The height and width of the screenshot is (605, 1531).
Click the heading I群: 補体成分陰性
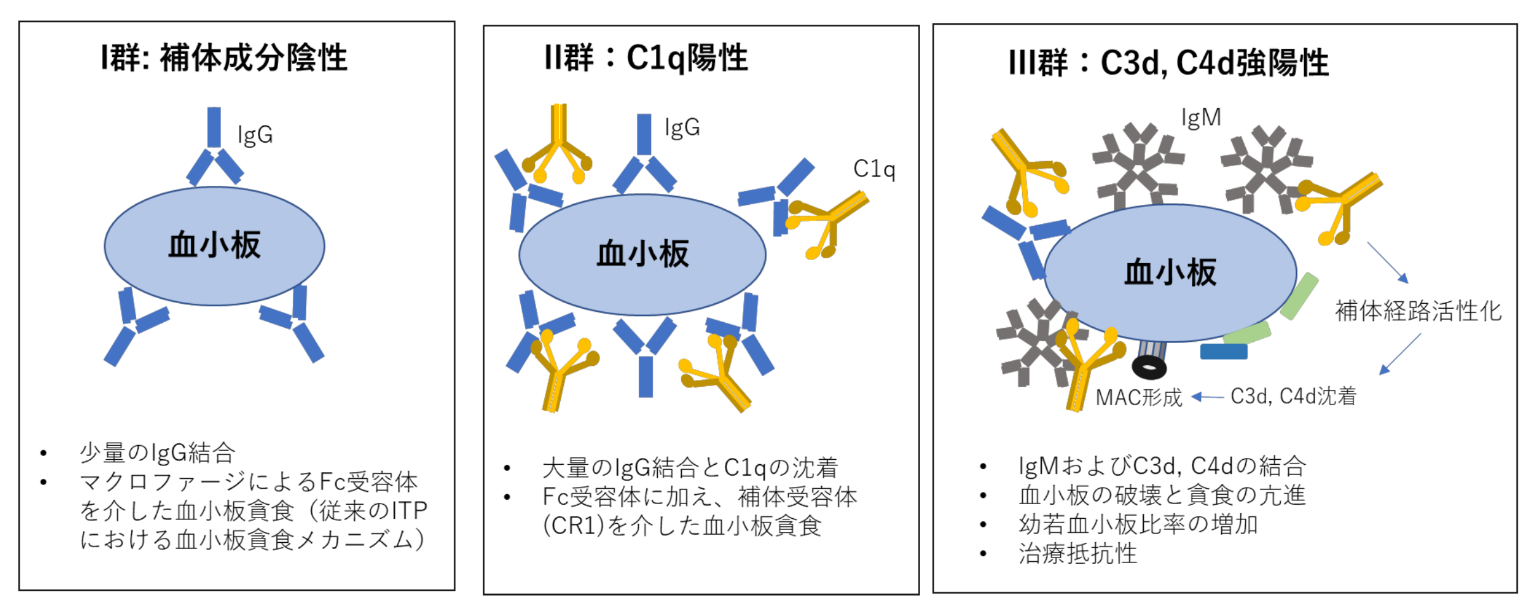coord(224,58)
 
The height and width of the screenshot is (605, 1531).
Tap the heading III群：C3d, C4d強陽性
coord(1168,62)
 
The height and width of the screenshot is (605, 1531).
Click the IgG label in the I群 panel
coord(255,134)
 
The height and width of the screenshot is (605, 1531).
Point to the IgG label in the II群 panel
coord(682,127)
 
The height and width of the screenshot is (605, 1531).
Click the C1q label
coord(874,169)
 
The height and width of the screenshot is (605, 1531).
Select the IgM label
coord(1201,117)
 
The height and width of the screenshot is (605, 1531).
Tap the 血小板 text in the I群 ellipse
coord(214,245)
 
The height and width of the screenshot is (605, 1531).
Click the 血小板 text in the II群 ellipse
coord(643,254)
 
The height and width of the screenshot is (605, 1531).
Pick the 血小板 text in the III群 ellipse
coord(1170,272)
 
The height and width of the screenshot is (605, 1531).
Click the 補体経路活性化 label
coord(1418,311)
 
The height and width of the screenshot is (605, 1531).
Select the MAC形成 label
coord(1139,398)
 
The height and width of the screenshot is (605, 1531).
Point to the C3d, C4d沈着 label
coord(1293,396)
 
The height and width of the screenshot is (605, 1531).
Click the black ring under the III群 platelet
coord(1149,367)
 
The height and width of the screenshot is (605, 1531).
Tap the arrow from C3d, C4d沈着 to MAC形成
coord(1207,397)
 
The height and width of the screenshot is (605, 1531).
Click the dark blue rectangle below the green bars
coord(1224,351)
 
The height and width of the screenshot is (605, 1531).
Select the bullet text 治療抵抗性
coord(1077,554)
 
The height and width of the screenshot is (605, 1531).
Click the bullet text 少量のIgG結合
coord(157,453)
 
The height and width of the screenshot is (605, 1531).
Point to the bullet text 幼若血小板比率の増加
coord(1137,524)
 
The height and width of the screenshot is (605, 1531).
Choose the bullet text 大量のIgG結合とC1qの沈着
coord(690,467)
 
